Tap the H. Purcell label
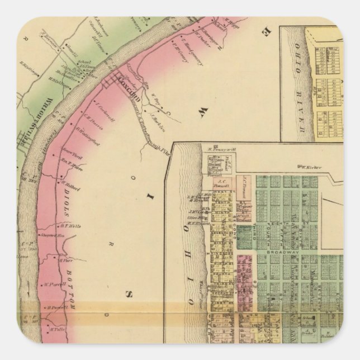click(57, 306)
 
